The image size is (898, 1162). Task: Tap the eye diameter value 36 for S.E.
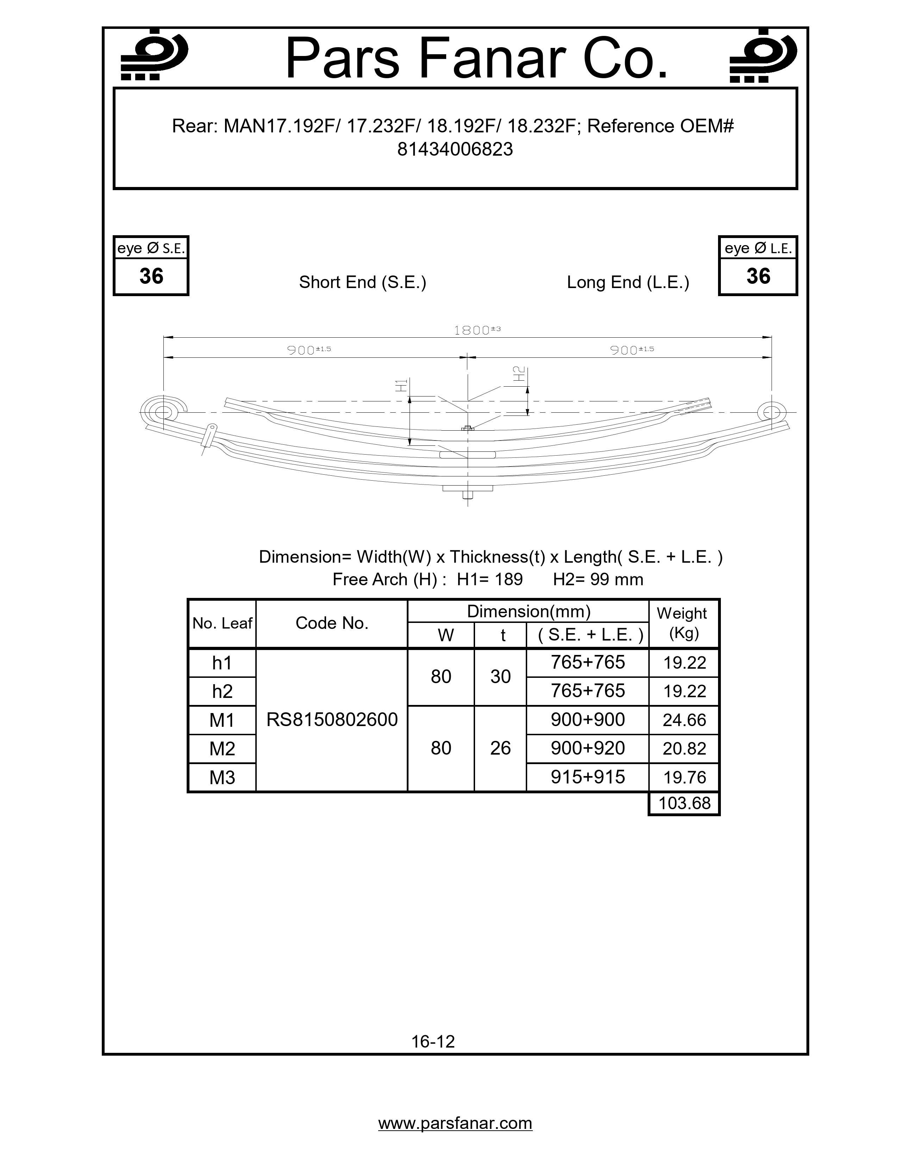pyautogui.click(x=151, y=276)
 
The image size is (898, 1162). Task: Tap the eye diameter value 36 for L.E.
pyautogui.click(x=758, y=276)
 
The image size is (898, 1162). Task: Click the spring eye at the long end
pyautogui.click(x=771, y=412)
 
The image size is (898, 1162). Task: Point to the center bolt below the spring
pyautogui.click(x=468, y=494)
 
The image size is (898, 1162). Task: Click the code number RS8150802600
pyautogui.click(x=332, y=720)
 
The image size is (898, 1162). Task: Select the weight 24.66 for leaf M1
pyautogui.click(x=684, y=720)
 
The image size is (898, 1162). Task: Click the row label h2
pyautogui.click(x=222, y=692)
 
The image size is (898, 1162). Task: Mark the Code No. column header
pyautogui.click(x=332, y=623)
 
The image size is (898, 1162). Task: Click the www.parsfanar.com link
pyautogui.click(x=455, y=1124)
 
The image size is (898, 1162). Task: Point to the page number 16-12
pyautogui.click(x=433, y=1041)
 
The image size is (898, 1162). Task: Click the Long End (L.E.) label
pyautogui.click(x=628, y=282)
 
